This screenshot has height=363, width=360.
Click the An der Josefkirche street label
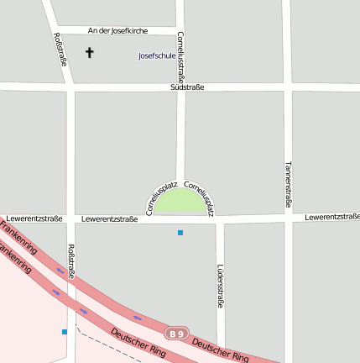tap(117, 30)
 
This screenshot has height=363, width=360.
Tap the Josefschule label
tap(157, 56)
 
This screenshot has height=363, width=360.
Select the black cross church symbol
tap(90, 53)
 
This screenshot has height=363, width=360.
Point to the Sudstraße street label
tap(186, 87)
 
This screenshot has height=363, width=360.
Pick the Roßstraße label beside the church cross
tap(61, 49)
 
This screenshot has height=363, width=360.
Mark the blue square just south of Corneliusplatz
tap(180, 233)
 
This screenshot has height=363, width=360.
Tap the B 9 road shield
tap(175, 334)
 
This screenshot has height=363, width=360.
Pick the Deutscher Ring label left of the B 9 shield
tap(138, 344)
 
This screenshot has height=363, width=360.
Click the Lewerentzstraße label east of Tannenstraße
tap(331, 217)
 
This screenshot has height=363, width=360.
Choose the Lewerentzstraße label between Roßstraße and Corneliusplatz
tap(110, 219)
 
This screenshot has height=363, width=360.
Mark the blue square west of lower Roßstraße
tap(64, 332)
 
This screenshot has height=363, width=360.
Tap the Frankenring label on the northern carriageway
tap(18, 238)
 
